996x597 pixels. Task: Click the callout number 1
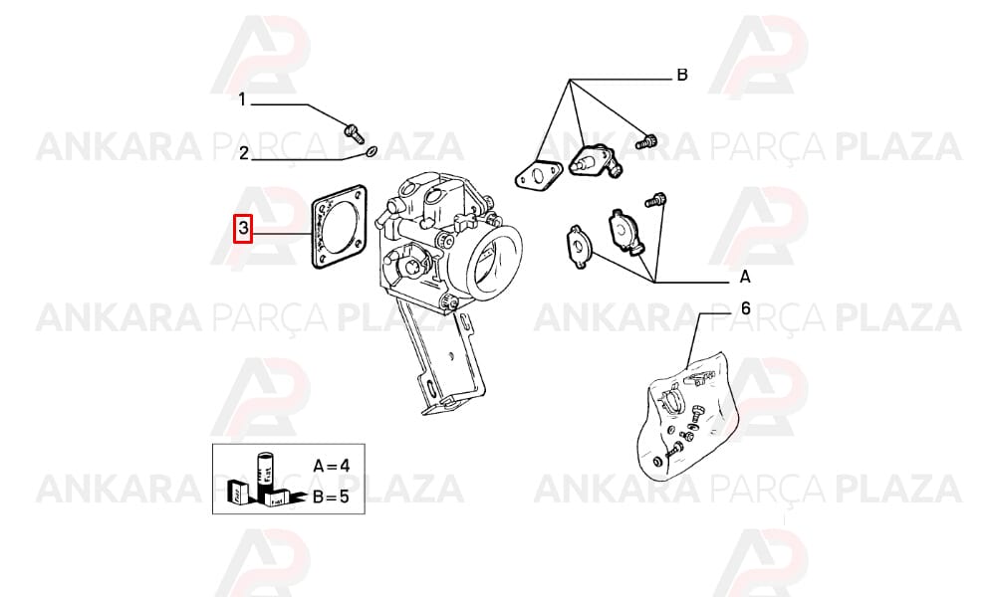coord(241,99)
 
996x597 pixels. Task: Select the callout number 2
coord(244,153)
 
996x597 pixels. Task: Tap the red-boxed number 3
coord(243,229)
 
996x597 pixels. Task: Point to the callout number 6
coord(746,309)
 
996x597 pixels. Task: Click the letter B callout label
coord(682,76)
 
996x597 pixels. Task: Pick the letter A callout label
coord(745,278)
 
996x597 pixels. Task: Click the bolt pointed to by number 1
coord(353,132)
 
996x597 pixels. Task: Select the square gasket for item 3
coord(340,227)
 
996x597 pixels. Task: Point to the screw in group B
coord(646,140)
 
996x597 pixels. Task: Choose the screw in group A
coord(655,200)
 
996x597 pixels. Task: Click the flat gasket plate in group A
coord(580,246)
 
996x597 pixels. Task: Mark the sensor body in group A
coord(624,231)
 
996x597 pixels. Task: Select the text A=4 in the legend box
coord(332,466)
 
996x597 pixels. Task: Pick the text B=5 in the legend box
coord(331,497)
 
